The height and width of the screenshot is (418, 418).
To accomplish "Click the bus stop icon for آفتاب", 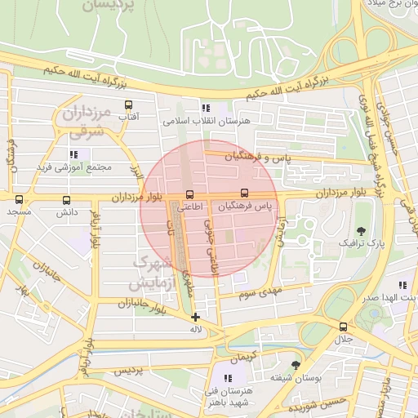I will pyautogui.click(x=128, y=105).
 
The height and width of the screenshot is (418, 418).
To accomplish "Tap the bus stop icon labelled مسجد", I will pyautogui.click(x=18, y=199).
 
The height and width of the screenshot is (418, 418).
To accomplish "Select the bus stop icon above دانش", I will pyautogui.click(x=66, y=199).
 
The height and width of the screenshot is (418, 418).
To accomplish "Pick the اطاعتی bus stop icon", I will pyautogui.click(x=189, y=195).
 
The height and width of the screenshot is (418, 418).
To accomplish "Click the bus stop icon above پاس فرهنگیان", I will pyautogui.click(x=245, y=194).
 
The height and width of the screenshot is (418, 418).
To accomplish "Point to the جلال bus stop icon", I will pyautogui.click(x=343, y=327).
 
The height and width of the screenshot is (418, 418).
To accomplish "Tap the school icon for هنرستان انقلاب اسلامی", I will pyautogui.click(x=205, y=108).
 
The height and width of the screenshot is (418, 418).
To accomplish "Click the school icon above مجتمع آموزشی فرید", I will pyautogui.click(x=73, y=153).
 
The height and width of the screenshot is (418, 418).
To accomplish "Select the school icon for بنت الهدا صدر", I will pyautogui.click(x=402, y=285).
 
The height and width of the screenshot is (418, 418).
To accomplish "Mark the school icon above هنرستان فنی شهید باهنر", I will pyautogui.click(x=228, y=378).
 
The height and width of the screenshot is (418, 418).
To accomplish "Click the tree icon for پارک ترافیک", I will pyautogui.click(x=362, y=231).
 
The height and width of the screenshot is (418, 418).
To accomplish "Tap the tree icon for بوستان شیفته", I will pyautogui.click(x=296, y=365).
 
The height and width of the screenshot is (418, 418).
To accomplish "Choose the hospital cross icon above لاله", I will pyautogui.click(x=194, y=317).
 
